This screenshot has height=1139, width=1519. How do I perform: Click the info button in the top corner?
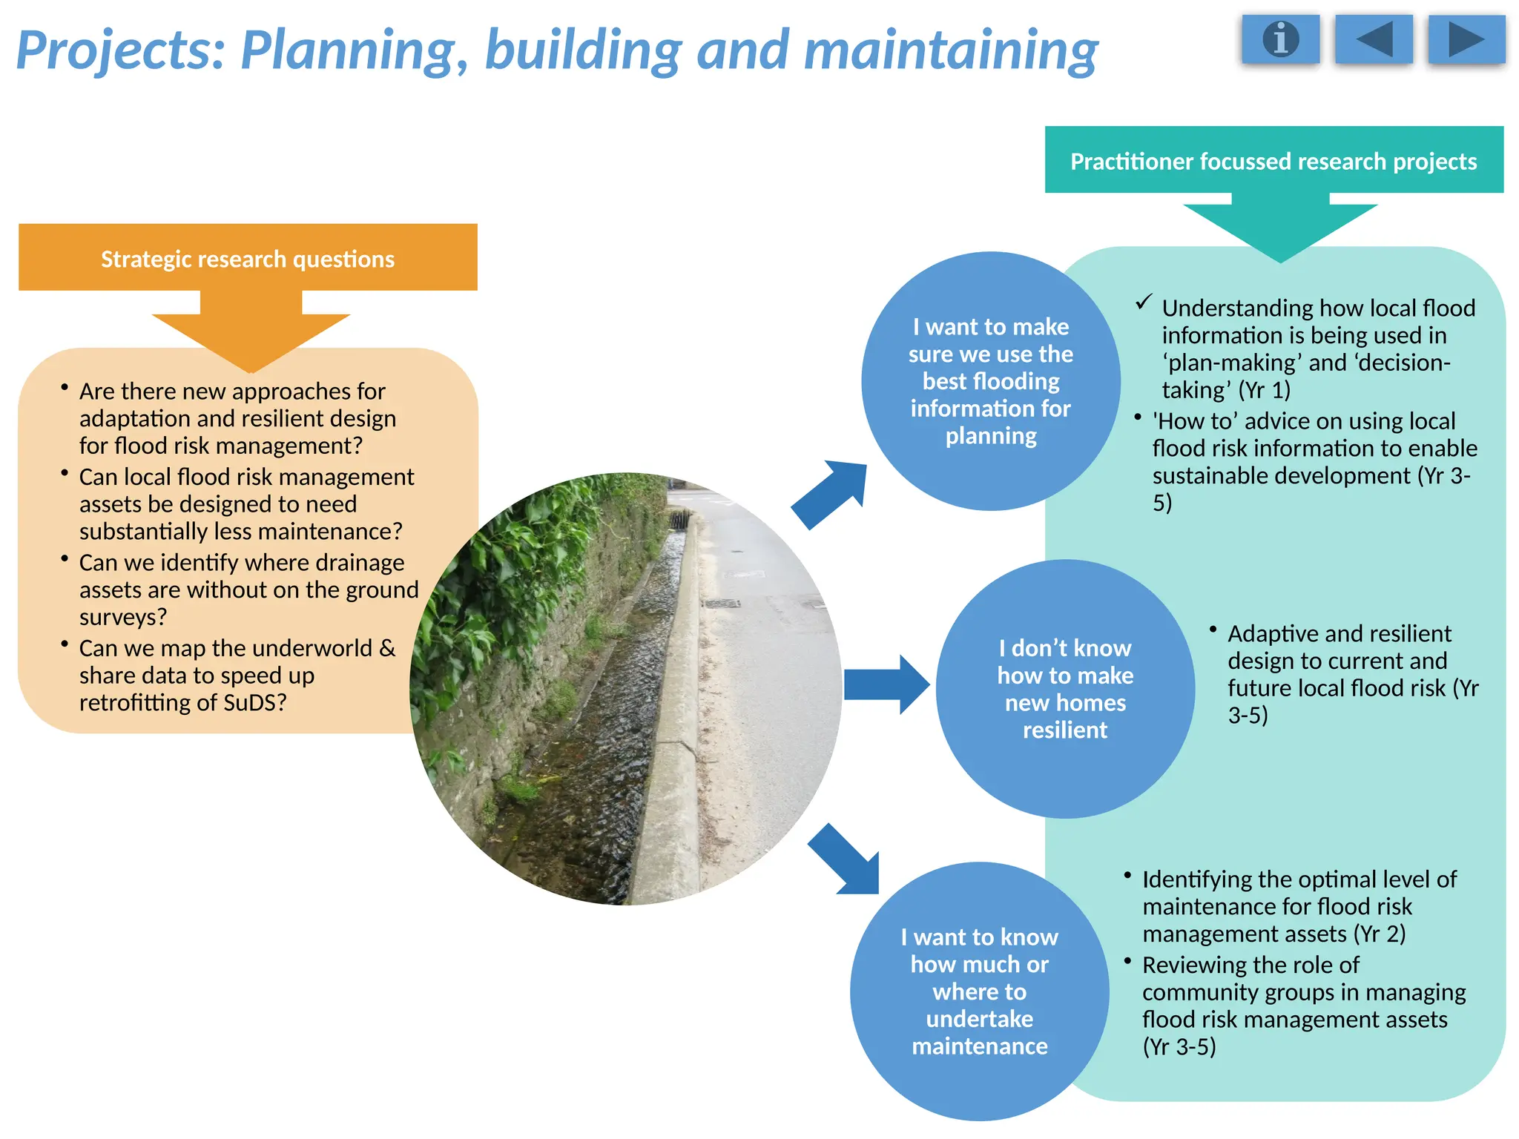coord(1281,39)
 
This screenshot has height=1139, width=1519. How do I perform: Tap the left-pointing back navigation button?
coord(1374,39)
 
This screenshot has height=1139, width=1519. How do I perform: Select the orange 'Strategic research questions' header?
coord(248,258)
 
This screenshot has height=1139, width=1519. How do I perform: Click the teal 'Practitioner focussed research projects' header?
coord(1273,161)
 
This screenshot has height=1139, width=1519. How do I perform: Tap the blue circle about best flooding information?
coord(990,381)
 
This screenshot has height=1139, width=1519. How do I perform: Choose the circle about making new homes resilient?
coord(1065,689)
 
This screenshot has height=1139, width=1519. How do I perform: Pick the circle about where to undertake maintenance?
coord(979,991)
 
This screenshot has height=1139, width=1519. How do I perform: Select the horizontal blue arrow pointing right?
coord(886,684)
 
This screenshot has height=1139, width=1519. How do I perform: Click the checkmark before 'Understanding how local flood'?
coord(1144,303)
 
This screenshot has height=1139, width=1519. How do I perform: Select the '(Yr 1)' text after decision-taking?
coord(1264,390)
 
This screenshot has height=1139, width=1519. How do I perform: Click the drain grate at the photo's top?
coord(679,520)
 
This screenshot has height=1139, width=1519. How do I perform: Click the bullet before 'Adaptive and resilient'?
coord(1213,630)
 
